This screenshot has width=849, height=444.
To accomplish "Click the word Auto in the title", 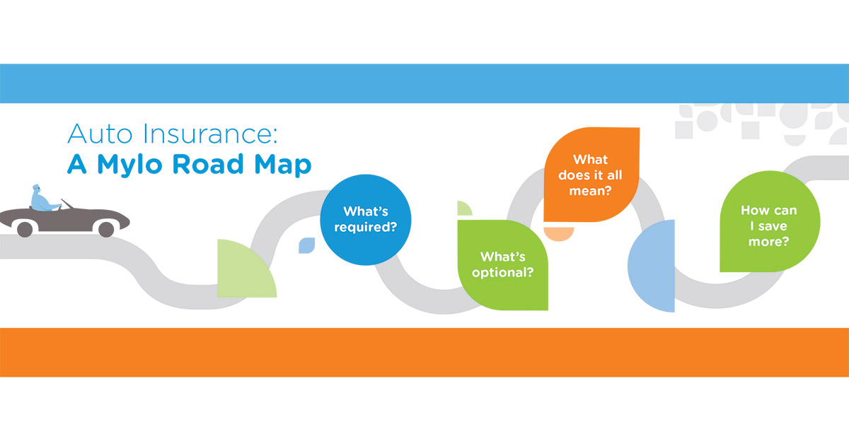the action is click(x=100, y=134).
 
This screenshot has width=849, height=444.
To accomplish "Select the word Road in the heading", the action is click(x=208, y=164).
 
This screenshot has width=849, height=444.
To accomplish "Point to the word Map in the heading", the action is click(x=283, y=165).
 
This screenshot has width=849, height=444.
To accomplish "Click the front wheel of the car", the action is click(x=106, y=229).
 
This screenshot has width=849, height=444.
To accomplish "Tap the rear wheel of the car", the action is click(x=25, y=229).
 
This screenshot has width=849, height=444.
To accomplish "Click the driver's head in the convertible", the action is click(x=36, y=188).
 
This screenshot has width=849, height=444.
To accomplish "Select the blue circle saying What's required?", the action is click(x=365, y=220).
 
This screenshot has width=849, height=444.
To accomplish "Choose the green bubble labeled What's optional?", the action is click(x=502, y=265).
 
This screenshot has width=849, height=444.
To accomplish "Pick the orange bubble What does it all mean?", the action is click(x=591, y=175).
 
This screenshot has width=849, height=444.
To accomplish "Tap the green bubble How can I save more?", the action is click(x=770, y=221).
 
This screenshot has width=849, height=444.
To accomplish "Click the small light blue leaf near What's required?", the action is click(x=306, y=245).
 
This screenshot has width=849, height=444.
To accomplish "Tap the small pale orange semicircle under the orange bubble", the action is click(x=559, y=233).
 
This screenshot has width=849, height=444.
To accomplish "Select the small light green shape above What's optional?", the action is click(x=463, y=209).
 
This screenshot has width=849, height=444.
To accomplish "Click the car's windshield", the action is click(x=67, y=204).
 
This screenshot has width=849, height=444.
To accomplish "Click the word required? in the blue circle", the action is click(x=365, y=228).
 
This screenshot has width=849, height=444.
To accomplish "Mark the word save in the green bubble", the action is click(x=773, y=226).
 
